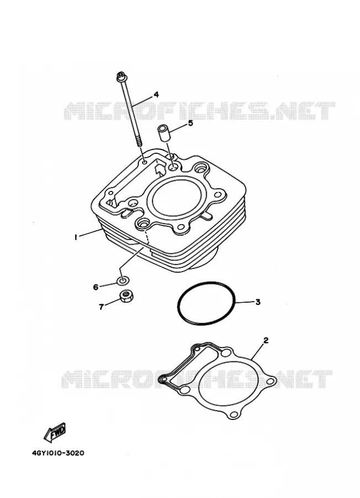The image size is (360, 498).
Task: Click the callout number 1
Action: coord(76,237)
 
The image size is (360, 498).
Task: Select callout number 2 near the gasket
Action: coord(266,340)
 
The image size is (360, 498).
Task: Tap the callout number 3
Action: coord(258,302)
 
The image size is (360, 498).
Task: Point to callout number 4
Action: coord(156,95)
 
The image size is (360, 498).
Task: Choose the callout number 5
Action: coord(190,123)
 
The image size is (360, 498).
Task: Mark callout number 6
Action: coord(96,287)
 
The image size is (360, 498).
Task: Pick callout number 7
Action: coord(101,307)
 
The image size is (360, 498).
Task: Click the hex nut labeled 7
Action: coord(127,297)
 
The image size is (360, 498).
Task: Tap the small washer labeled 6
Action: coord(123,281)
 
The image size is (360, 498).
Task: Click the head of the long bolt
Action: coord(121,76)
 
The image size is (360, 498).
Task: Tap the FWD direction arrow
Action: coord(55,433)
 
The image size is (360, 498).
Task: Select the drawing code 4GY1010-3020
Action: coord(58,453)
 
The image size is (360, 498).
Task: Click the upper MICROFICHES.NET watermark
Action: coord(200,111)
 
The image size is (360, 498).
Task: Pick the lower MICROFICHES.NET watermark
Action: coord(197,379)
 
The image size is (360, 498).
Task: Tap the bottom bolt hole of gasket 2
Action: coord(234,414)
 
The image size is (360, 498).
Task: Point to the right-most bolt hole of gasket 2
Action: coord(270,382)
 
